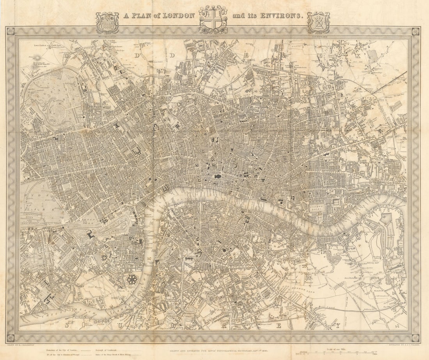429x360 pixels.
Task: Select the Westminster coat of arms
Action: tap(107, 22)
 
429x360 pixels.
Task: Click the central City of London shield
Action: tap(213, 20)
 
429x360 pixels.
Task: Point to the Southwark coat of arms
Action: tap(318, 22)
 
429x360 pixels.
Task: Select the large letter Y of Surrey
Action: tap(338, 325)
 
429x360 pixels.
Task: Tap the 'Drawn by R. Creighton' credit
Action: tap(19, 345)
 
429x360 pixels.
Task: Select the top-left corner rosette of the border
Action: tap(11, 31)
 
